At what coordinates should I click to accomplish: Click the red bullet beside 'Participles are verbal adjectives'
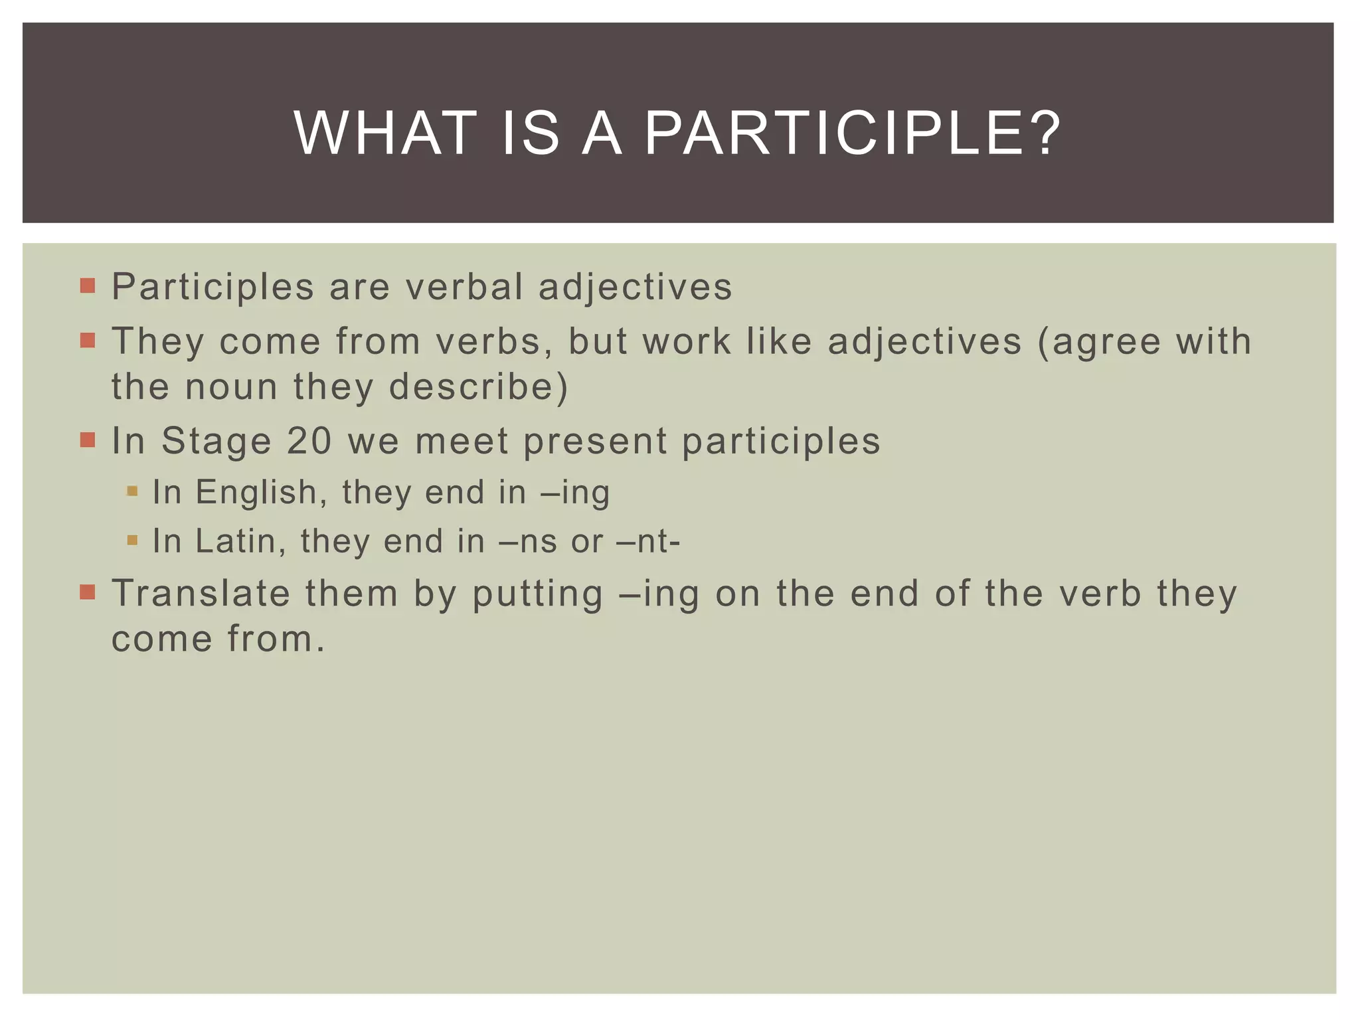(88, 286)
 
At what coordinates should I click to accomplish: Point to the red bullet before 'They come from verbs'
(88, 341)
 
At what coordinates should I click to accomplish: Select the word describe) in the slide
(479, 387)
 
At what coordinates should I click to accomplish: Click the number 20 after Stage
(309, 441)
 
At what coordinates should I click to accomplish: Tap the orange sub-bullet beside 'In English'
(132, 491)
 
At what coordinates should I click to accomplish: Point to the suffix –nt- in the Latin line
(649, 542)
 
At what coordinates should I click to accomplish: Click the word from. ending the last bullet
(276, 639)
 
